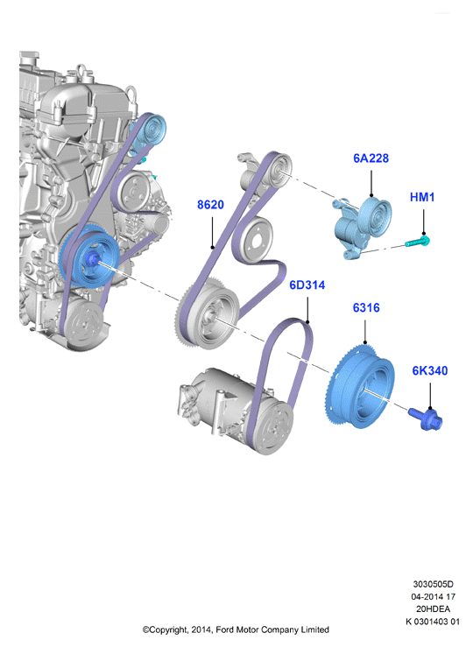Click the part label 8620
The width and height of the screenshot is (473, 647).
pyautogui.click(x=210, y=205)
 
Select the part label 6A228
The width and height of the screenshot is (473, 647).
pyautogui.click(x=371, y=158)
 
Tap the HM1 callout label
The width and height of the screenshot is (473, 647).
pyautogui.click(x=422, y=197)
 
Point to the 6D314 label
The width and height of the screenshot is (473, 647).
pyautogui.click(x=307, y=285)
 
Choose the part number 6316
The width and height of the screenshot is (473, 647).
pyautogui.click(x=366, y=308)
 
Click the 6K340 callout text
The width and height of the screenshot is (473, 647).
pyautogui.click(x=430, y=370)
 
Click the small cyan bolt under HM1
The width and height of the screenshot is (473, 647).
pyautogui.click(x=418, y=242)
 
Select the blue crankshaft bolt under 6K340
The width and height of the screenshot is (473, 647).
pyautogui.click(x=426, y=419)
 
